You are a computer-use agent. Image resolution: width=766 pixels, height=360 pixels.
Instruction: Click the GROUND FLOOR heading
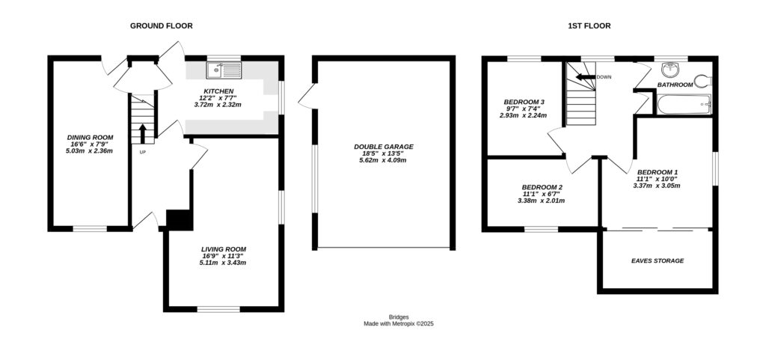click(x=161, y=25)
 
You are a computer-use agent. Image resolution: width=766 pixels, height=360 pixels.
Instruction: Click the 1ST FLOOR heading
click(x=589, y=25)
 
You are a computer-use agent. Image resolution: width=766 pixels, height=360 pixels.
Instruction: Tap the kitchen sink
click(x=225, y=71)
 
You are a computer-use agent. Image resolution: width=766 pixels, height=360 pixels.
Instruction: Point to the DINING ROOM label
click(x=90, y=137)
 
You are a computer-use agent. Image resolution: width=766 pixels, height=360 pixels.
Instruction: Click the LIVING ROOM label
click(x=223, y=249)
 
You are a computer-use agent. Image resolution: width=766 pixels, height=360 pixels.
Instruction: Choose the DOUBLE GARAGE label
click(x=384, y=147)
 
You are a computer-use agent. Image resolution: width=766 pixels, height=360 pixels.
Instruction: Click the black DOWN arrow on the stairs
click(x=584, y=76)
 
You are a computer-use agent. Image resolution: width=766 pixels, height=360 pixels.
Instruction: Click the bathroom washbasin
click(x=672, y=70)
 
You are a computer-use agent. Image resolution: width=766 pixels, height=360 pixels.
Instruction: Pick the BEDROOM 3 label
click(x=524, y=102)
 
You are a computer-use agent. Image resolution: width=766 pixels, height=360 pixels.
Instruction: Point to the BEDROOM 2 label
click(x=542, y=187)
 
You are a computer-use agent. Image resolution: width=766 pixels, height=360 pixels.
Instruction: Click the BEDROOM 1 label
click(x=658, y=171)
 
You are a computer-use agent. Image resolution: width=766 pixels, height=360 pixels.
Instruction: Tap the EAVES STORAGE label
click(x=658, y=261)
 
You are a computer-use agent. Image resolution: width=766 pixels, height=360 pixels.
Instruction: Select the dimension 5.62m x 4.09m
click(x=384, y=160)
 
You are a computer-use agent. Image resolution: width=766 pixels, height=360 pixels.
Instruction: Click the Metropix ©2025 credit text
click(x=399, y=324)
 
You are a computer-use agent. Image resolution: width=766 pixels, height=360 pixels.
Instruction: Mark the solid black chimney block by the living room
click(x=179, y=219)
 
